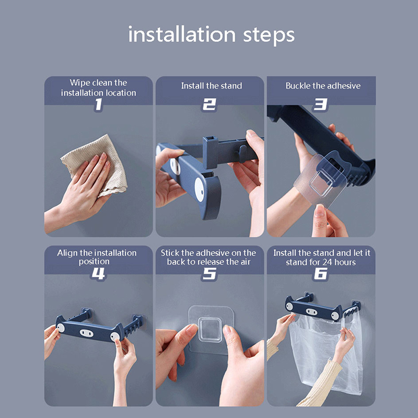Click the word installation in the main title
pyautogui.click(x=182, y=34)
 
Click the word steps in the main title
pyautogui.click(x=269, y=36)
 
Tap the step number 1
pyautogui.click(x=98, y=104)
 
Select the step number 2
pyautogui.click(x=210, y=104)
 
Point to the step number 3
pyautogui.click(x=320, y=104)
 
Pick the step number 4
pyautogui.click(x=98, y=273)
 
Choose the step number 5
pyautogui.click(x=210, y=274)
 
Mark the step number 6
pyautogui.click(x=320, y=274)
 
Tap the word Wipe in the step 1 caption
pyautogui.click(x=78, y=83)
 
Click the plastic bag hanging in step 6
pyautogui.click(x=325, y=355)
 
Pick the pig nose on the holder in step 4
pyautogui.click(x=87, y=333)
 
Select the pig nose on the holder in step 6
pyautogui.click(x=311, y=311)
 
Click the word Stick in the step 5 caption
pyautogui.click(x=170, y=253)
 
